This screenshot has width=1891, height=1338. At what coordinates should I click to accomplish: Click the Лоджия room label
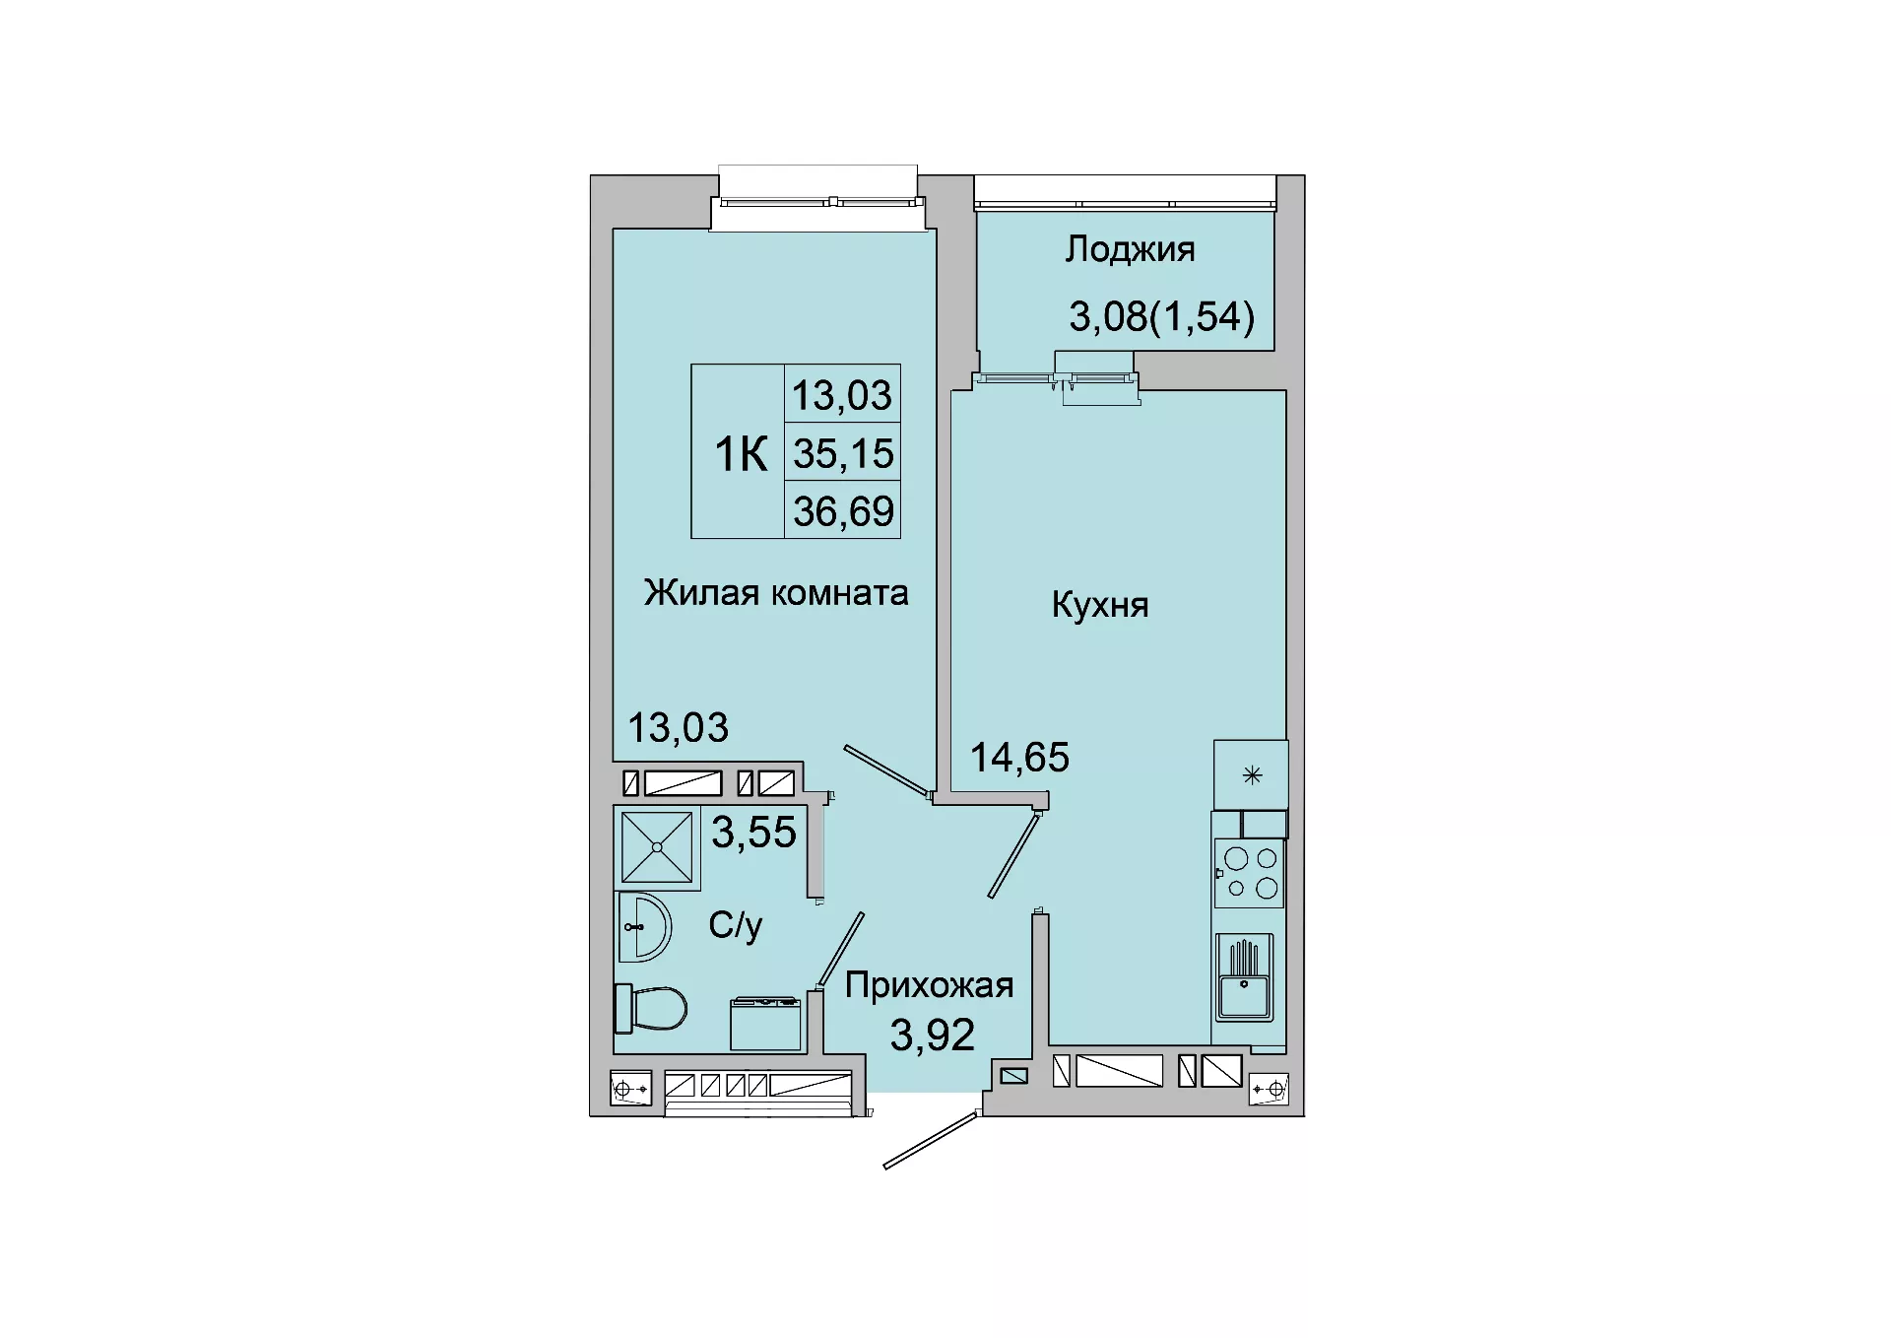pyautogui.click(x=1130, y=250)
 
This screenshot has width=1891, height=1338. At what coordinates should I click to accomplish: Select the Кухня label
pyautogui.click(x=1100, y=604)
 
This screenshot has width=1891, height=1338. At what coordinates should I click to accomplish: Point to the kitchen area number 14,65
pyautogui.click(x=1019, y=758)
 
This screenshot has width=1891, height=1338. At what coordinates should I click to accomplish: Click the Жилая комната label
pyautogui.click(x=776, y=592)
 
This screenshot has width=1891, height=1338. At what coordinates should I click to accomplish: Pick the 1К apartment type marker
pyautogui.click(x=741, y=454)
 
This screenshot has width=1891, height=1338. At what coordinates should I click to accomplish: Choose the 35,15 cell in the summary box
pyautogui.click(x=844, y=454)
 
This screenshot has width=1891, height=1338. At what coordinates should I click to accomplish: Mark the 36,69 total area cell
pyautogui.click(x=844, y=511)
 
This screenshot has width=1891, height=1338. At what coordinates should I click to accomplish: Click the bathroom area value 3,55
pyautogui.click(x=753, y=833)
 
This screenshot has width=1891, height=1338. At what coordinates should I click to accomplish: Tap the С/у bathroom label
pyautogui.click(x=736, y=925)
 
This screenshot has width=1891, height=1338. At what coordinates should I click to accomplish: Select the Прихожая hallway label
pyautogui.click(x=929, y=985)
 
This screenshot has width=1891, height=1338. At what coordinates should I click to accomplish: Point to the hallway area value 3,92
pyautogui.click(x=932, y=1035)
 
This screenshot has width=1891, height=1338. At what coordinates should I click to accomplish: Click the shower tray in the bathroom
pyautogui.click(x=657, y=846)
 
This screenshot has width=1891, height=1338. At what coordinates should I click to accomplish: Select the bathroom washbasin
pyautogui.click(x=644, y=927)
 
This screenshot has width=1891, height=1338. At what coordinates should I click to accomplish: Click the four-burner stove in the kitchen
pyautogui.click(x=1249, y=873)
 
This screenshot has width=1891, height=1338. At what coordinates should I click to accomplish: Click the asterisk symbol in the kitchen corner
pyautogui.click(x=1252, y=775)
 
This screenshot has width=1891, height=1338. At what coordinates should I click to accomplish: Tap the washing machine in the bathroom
pyautogui.click(x=765, y=1024)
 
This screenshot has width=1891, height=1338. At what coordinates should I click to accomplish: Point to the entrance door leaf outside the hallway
pyautogui.click(x=931, y=1140)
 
